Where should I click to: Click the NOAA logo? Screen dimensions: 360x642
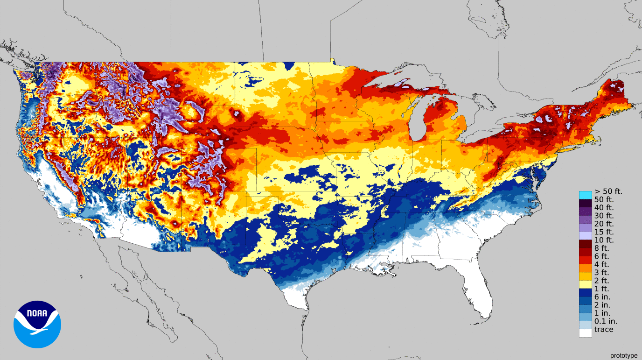coord(37,324)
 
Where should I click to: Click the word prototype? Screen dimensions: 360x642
coord(623,355)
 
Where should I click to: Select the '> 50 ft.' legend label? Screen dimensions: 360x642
coord(608,191)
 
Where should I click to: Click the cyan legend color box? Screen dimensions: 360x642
coord(586,195)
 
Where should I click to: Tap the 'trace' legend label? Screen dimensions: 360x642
coord(604,330)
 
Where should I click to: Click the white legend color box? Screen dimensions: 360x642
coord(586,333)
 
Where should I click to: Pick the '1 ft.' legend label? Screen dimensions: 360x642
coord(601,289)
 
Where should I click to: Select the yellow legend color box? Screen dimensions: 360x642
coord(586,283)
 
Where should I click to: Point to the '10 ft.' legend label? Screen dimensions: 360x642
coord(604,240)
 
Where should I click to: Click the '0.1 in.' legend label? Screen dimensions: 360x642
coord(606,321)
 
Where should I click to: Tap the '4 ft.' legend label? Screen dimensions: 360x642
coord(601,264)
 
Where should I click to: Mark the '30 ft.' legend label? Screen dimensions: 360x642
coord(604,216)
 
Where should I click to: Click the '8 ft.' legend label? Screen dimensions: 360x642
coord(601,248)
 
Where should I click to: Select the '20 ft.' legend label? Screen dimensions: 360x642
coord(604,224)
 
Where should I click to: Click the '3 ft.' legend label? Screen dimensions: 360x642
coord(601,273)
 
